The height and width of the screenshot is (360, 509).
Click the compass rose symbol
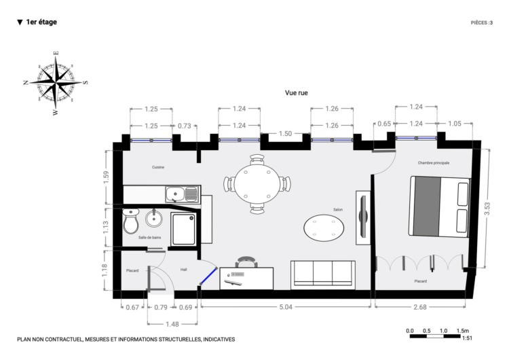pos(56,83)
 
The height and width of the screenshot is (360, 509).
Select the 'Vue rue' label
pos(297,93)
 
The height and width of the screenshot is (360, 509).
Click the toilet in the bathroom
pos(130,221)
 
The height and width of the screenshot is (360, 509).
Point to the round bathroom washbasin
pos(153,218)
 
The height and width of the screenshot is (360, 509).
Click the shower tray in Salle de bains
pos(184,229)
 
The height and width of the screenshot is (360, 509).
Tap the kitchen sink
pos(181,194)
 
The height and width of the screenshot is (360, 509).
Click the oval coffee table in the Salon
pos(324,228)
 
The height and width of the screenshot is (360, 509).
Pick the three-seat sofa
pos(322,275)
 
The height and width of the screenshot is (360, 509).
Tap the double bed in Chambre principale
pos(440,206)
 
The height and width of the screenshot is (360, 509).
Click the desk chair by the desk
pos(247,262)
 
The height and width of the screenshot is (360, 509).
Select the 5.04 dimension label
pos(286,307)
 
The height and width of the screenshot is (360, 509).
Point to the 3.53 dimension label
pos(487,209)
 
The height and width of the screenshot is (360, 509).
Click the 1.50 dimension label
pos(285,134)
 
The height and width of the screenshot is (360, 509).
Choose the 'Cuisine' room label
pos(158,167)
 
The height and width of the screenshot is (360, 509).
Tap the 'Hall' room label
pos(184,270)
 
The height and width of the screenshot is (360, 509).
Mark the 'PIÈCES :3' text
pos(482,22)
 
